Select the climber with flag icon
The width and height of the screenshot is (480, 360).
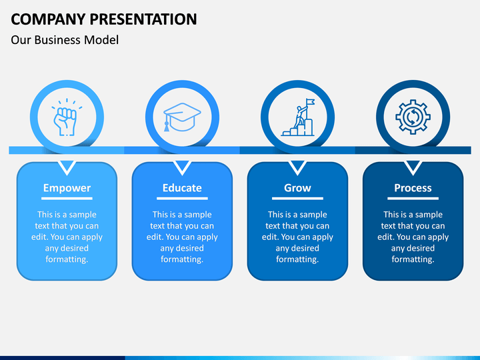(x=298, y=117)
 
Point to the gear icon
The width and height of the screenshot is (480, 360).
(x=413, y=117)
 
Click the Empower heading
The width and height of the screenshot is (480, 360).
(x=67, y=187)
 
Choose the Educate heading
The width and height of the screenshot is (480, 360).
(x=182, y=187)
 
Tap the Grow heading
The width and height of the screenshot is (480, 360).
(x=297, y=187)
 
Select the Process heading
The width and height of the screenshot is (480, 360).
(x=413, y=187)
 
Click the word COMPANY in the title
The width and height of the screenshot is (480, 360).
(x=48, y=19)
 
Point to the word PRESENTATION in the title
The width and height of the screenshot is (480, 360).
(x=143, y=19)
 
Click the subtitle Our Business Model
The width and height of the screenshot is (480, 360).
(x=65, y=40)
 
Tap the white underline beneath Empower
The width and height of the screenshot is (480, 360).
(x=67, y=199)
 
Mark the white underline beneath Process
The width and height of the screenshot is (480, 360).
(x=413, y=199)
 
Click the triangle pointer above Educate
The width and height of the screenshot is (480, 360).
(x=182, y=167)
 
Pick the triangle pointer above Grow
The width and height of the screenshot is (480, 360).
(x=297, y=167)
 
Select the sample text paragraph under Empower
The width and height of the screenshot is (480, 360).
(x=67, y=237)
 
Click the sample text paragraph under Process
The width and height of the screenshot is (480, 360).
(x=413, y=237)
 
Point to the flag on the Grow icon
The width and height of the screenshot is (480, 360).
(x=311, y=101)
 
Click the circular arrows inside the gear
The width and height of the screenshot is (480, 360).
(x=413, y=117)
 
